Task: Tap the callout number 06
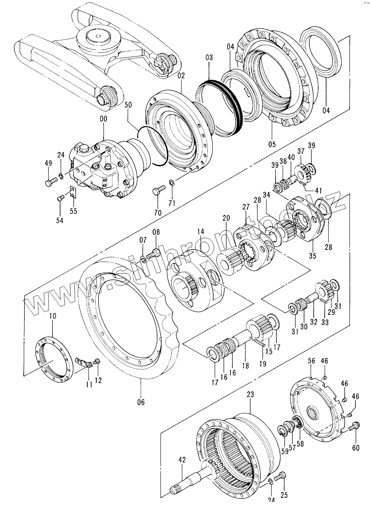[x=141, y=402]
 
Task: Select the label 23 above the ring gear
[x=251, y=394]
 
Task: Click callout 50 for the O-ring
[x=128, y=105]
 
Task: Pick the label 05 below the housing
[x=272, y=144]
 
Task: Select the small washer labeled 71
[x=172, y=182]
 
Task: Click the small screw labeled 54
[x=60, y=198]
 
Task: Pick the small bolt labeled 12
[x=97, y=361]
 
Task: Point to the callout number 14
[x=200, y=231]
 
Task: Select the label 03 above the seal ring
[x=209, y=57]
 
